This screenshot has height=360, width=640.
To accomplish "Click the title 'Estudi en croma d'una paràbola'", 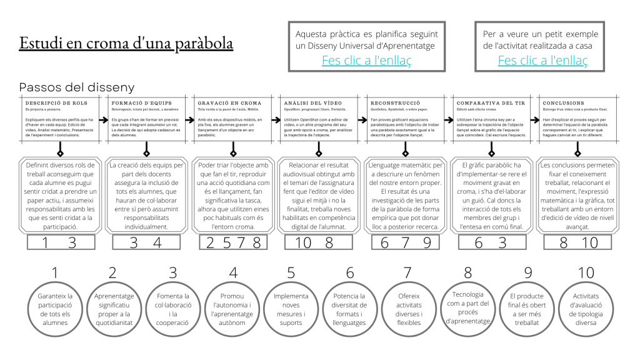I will click(x=126, y=44).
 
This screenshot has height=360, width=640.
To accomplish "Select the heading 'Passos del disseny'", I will click(x=77, y=87).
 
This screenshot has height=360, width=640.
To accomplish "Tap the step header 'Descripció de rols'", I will click(x=57, y=102).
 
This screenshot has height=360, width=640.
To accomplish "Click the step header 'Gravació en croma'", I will click(x=229, y=102).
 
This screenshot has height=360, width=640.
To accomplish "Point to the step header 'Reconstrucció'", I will click(x=396, y=102).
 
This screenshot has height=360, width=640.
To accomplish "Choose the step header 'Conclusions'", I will click(x=564, y=102).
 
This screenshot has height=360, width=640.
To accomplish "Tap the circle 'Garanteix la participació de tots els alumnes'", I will click(x=55, y=309).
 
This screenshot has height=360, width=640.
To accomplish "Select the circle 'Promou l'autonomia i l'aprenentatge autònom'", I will click(x=232, y=309).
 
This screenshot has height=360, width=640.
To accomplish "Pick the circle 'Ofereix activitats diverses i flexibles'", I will click(x=409, y=309).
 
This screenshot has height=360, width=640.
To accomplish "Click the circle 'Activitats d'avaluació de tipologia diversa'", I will click(x=586, y=309).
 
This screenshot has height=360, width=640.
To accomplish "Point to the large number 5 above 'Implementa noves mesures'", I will click(x=291, y=273).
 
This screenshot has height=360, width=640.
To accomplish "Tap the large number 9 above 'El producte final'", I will click(x=527, y=273).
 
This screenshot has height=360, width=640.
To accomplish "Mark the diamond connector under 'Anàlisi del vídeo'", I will click(x=319, y=152).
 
